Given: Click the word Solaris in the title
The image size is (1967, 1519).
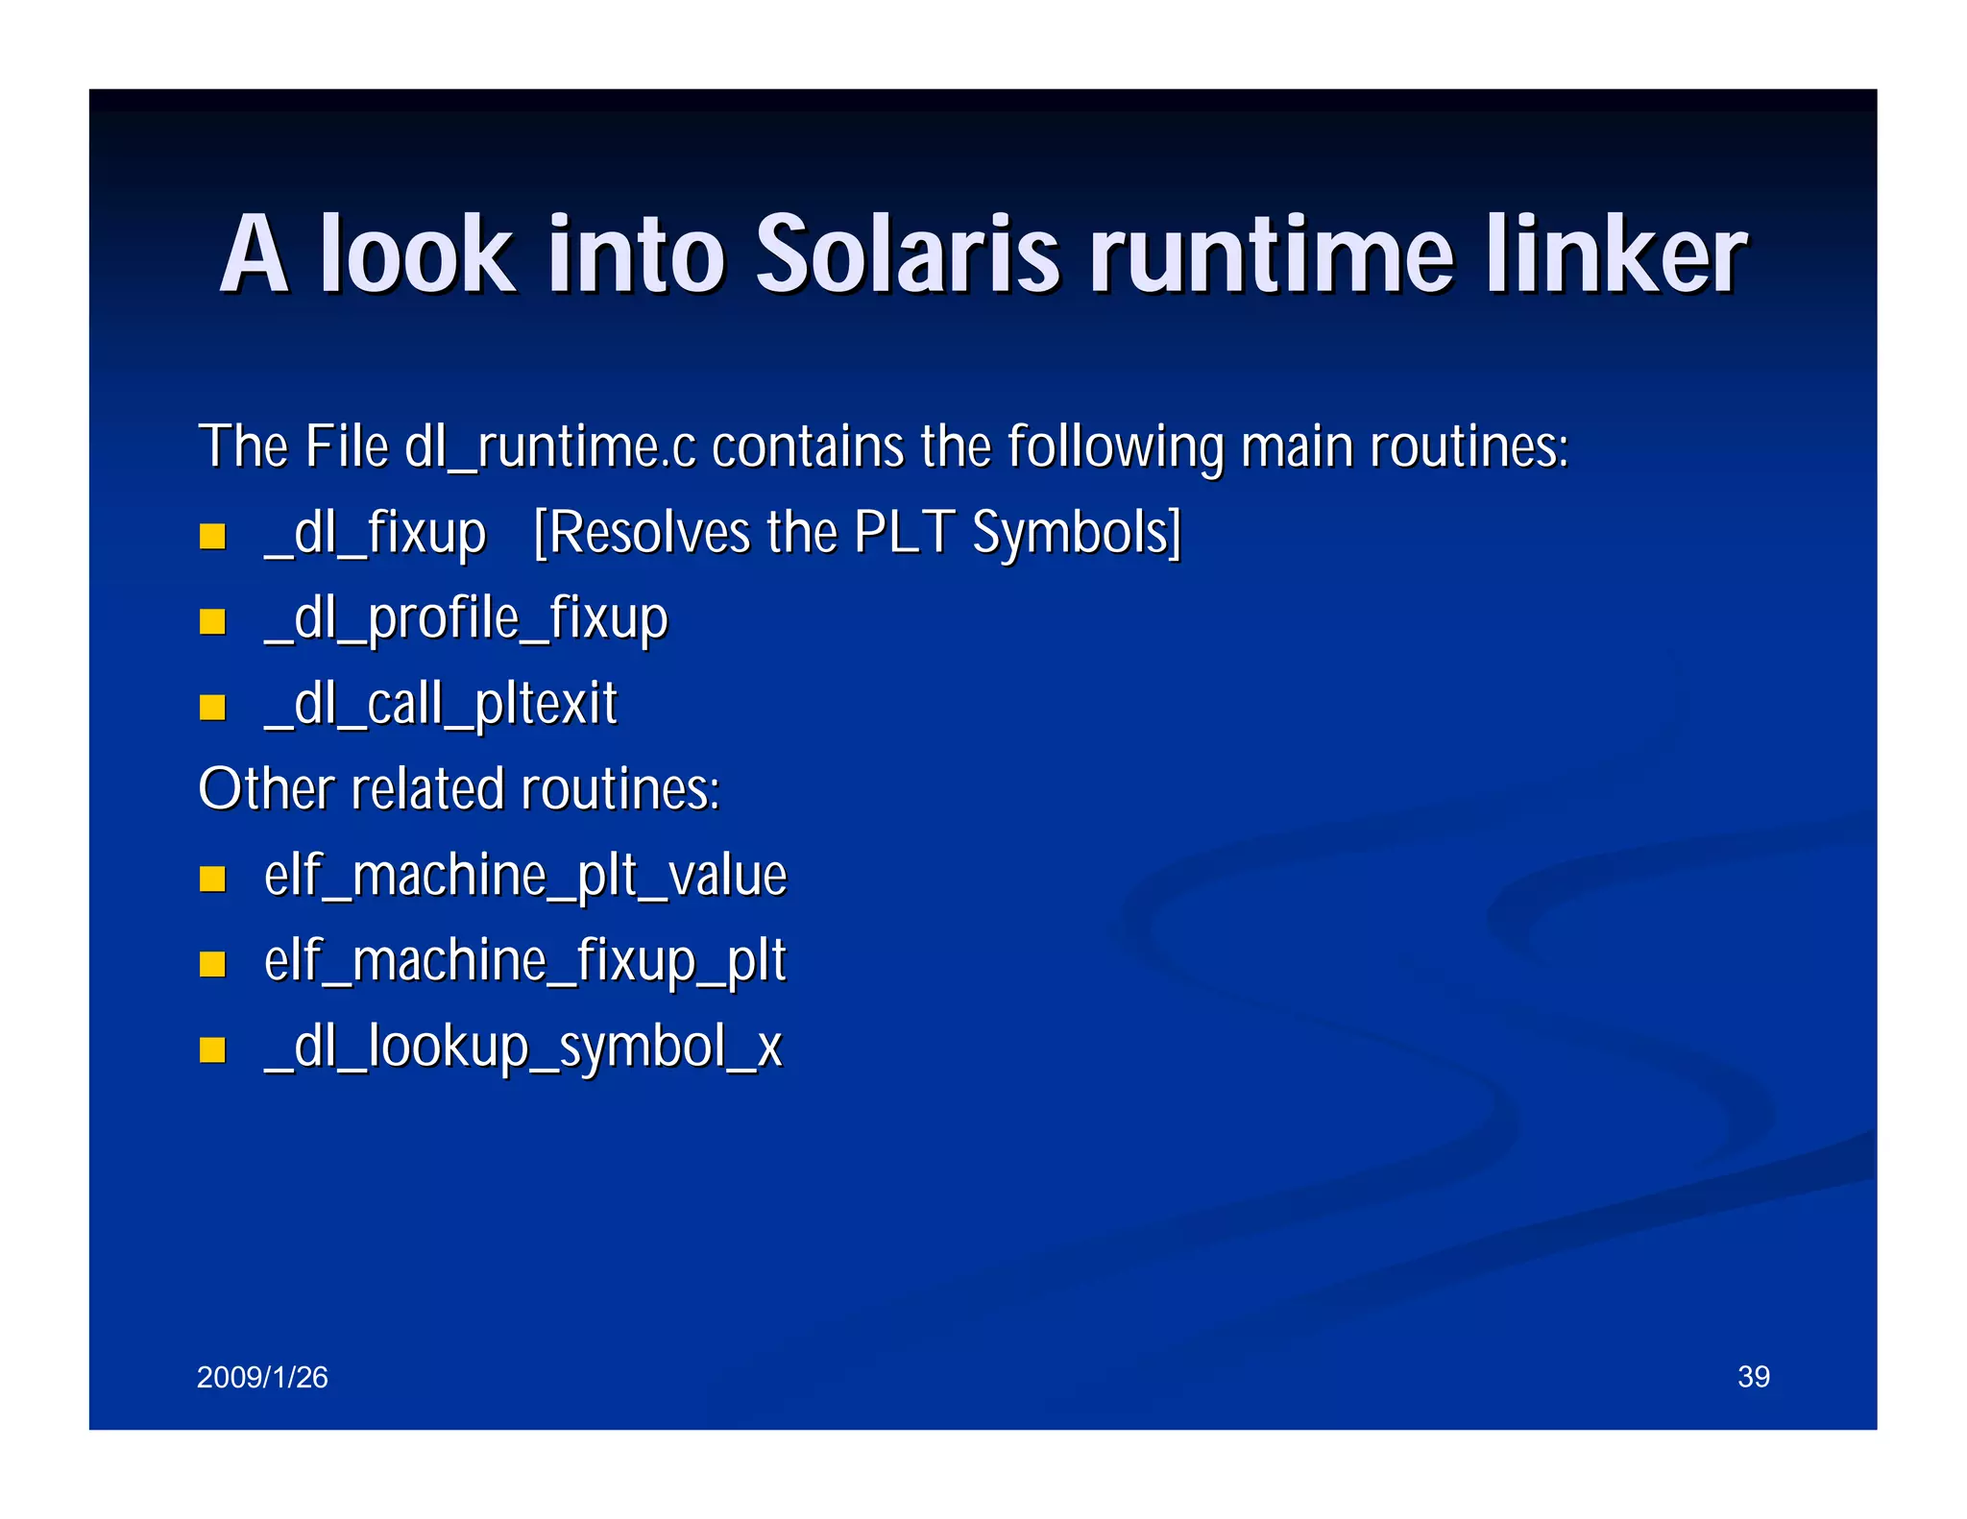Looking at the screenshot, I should pos(908,254).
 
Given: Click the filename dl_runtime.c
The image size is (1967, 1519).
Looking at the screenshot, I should pos(549,447).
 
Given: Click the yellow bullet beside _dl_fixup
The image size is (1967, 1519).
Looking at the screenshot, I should pos(212,536).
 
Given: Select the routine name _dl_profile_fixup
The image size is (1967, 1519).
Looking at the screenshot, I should pos(466,618).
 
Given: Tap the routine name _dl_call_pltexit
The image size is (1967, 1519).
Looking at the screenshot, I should pos(441,704).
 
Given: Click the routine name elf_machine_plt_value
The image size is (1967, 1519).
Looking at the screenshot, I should pos(525,876).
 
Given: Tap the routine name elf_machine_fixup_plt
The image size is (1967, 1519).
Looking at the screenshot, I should pos(525,961).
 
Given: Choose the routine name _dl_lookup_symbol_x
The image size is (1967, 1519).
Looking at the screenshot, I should pos(523,1047).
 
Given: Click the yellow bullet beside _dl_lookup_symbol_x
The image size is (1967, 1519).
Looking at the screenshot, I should pos(212,1049).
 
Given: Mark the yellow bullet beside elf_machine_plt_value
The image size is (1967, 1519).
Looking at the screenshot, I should pos(212,879).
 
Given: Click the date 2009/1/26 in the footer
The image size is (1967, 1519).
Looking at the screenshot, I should pos(262,1377).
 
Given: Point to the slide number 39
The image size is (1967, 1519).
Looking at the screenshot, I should pos(1754,1377).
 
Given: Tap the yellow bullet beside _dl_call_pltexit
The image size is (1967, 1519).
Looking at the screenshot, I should pos(212,708).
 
